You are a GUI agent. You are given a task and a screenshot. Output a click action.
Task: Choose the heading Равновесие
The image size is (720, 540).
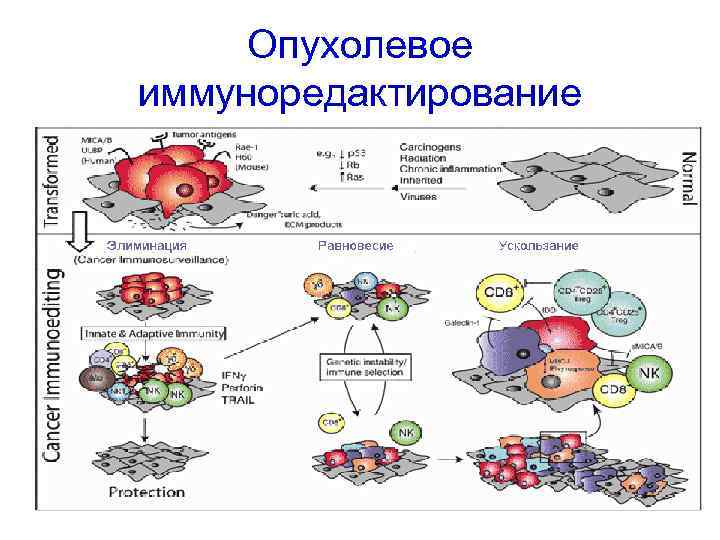pos(355,246)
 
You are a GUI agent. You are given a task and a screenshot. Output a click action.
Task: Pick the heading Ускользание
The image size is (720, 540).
pos(537,246)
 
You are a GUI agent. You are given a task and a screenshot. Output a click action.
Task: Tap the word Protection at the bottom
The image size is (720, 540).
pos(146,492)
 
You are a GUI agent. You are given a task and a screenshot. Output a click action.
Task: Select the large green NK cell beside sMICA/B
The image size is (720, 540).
pos(651,372)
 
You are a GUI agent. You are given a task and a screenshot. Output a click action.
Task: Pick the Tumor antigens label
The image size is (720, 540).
pos(205,132)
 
